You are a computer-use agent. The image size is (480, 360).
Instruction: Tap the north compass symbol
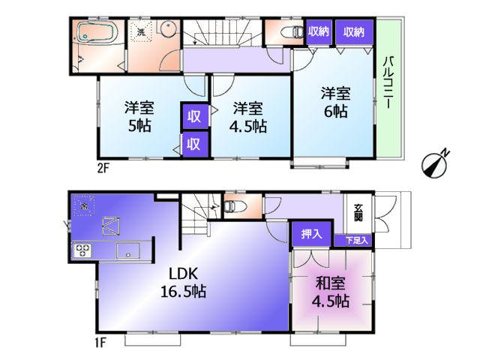coord(434,162)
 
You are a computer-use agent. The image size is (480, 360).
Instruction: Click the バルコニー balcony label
coord(390,82)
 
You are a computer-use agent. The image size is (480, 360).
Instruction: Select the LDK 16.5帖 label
coord(184,281)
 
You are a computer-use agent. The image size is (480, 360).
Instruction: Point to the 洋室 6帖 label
coord(335,102)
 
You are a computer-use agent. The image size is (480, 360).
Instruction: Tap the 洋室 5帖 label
coord(140,116)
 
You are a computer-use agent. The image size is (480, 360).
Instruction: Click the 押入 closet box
coord(310,235)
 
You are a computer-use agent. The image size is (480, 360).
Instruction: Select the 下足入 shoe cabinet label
coord(356,240)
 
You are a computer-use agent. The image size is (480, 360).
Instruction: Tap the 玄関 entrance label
coord(358,212)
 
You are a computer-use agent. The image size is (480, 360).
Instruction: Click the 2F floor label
coord(103,168)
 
